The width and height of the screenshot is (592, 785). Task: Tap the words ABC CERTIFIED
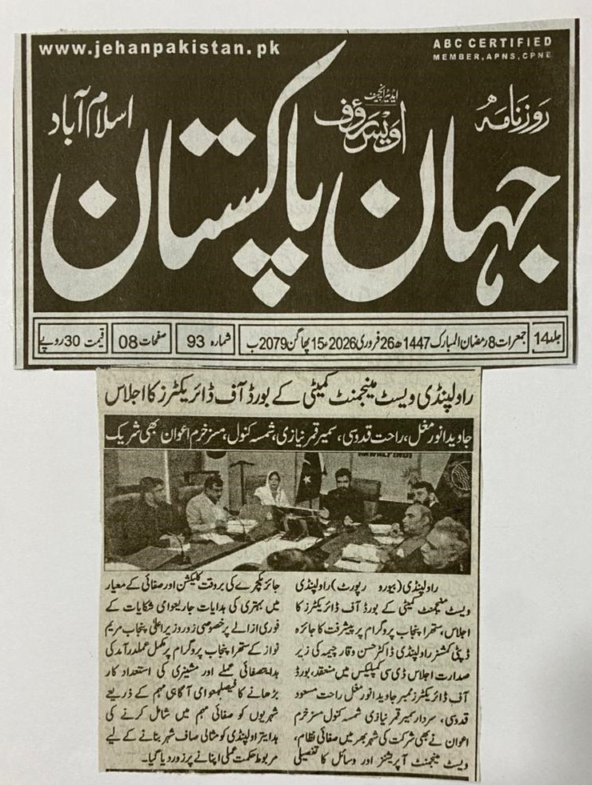pos(504,42)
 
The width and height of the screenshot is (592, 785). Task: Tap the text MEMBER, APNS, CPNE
pos(504,58)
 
